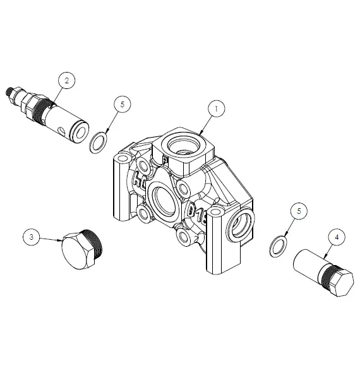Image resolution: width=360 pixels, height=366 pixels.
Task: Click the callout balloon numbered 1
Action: [216, 109]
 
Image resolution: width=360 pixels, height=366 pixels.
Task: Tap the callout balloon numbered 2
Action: [67, 80]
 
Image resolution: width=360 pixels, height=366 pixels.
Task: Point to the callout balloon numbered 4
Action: [337, 237]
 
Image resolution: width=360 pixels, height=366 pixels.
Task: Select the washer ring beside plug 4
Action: [276, 247]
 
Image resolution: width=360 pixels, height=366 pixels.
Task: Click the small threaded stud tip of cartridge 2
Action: [9, 91]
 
